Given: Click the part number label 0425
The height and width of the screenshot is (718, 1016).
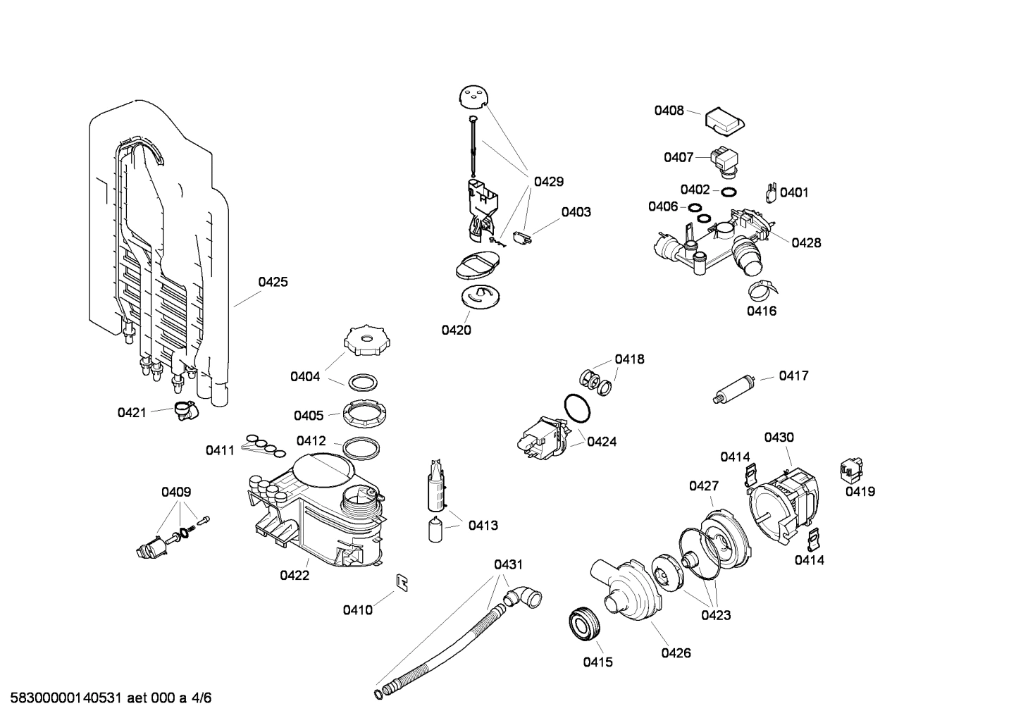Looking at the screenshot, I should pyautogui.click(x=273, y=283).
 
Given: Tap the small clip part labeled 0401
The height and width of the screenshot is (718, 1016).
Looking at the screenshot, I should pyautogui.click(x=770, y=192).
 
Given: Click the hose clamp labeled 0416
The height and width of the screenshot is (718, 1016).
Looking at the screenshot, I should pyautogui.click(x=761, y=288).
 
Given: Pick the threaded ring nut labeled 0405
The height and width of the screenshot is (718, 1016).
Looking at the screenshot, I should pyautogui.click(x=366, y=411).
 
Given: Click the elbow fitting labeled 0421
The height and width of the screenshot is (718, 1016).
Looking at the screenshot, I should pyautogui.click(x=186, y=410).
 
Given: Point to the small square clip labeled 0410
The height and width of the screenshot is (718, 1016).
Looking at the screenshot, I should pyautogui.click(x=403, y=582).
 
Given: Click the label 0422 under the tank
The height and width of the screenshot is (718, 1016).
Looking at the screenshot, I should pyautogui.click(x=295, y=576).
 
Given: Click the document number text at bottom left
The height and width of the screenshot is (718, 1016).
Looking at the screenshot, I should pyautogui.click(x=106, y=698).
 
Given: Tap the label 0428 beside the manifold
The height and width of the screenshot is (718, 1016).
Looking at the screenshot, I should pyautogui.click(x=806, y=243).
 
